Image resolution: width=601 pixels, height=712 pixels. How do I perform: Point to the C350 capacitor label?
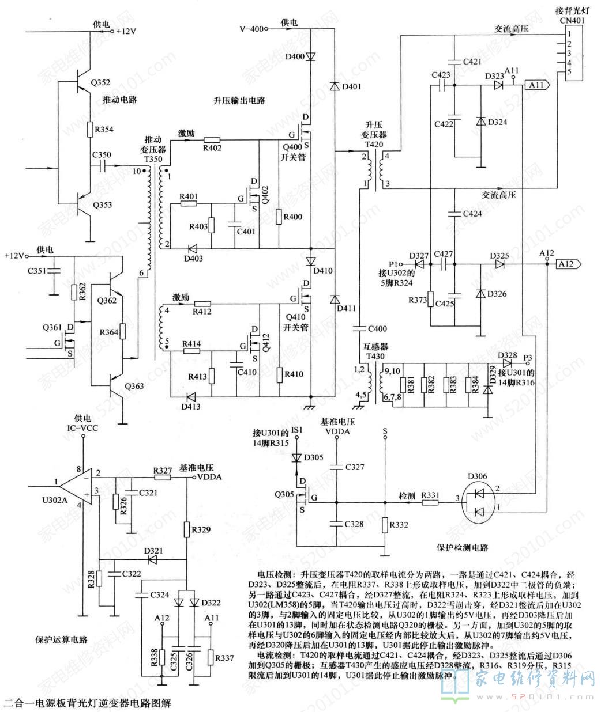point(102,154)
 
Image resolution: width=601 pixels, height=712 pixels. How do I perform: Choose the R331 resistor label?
point(431,494)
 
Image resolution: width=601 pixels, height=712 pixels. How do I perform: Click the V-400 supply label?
point(252,29)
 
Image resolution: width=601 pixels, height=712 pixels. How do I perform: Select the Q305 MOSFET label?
point(284,494)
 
